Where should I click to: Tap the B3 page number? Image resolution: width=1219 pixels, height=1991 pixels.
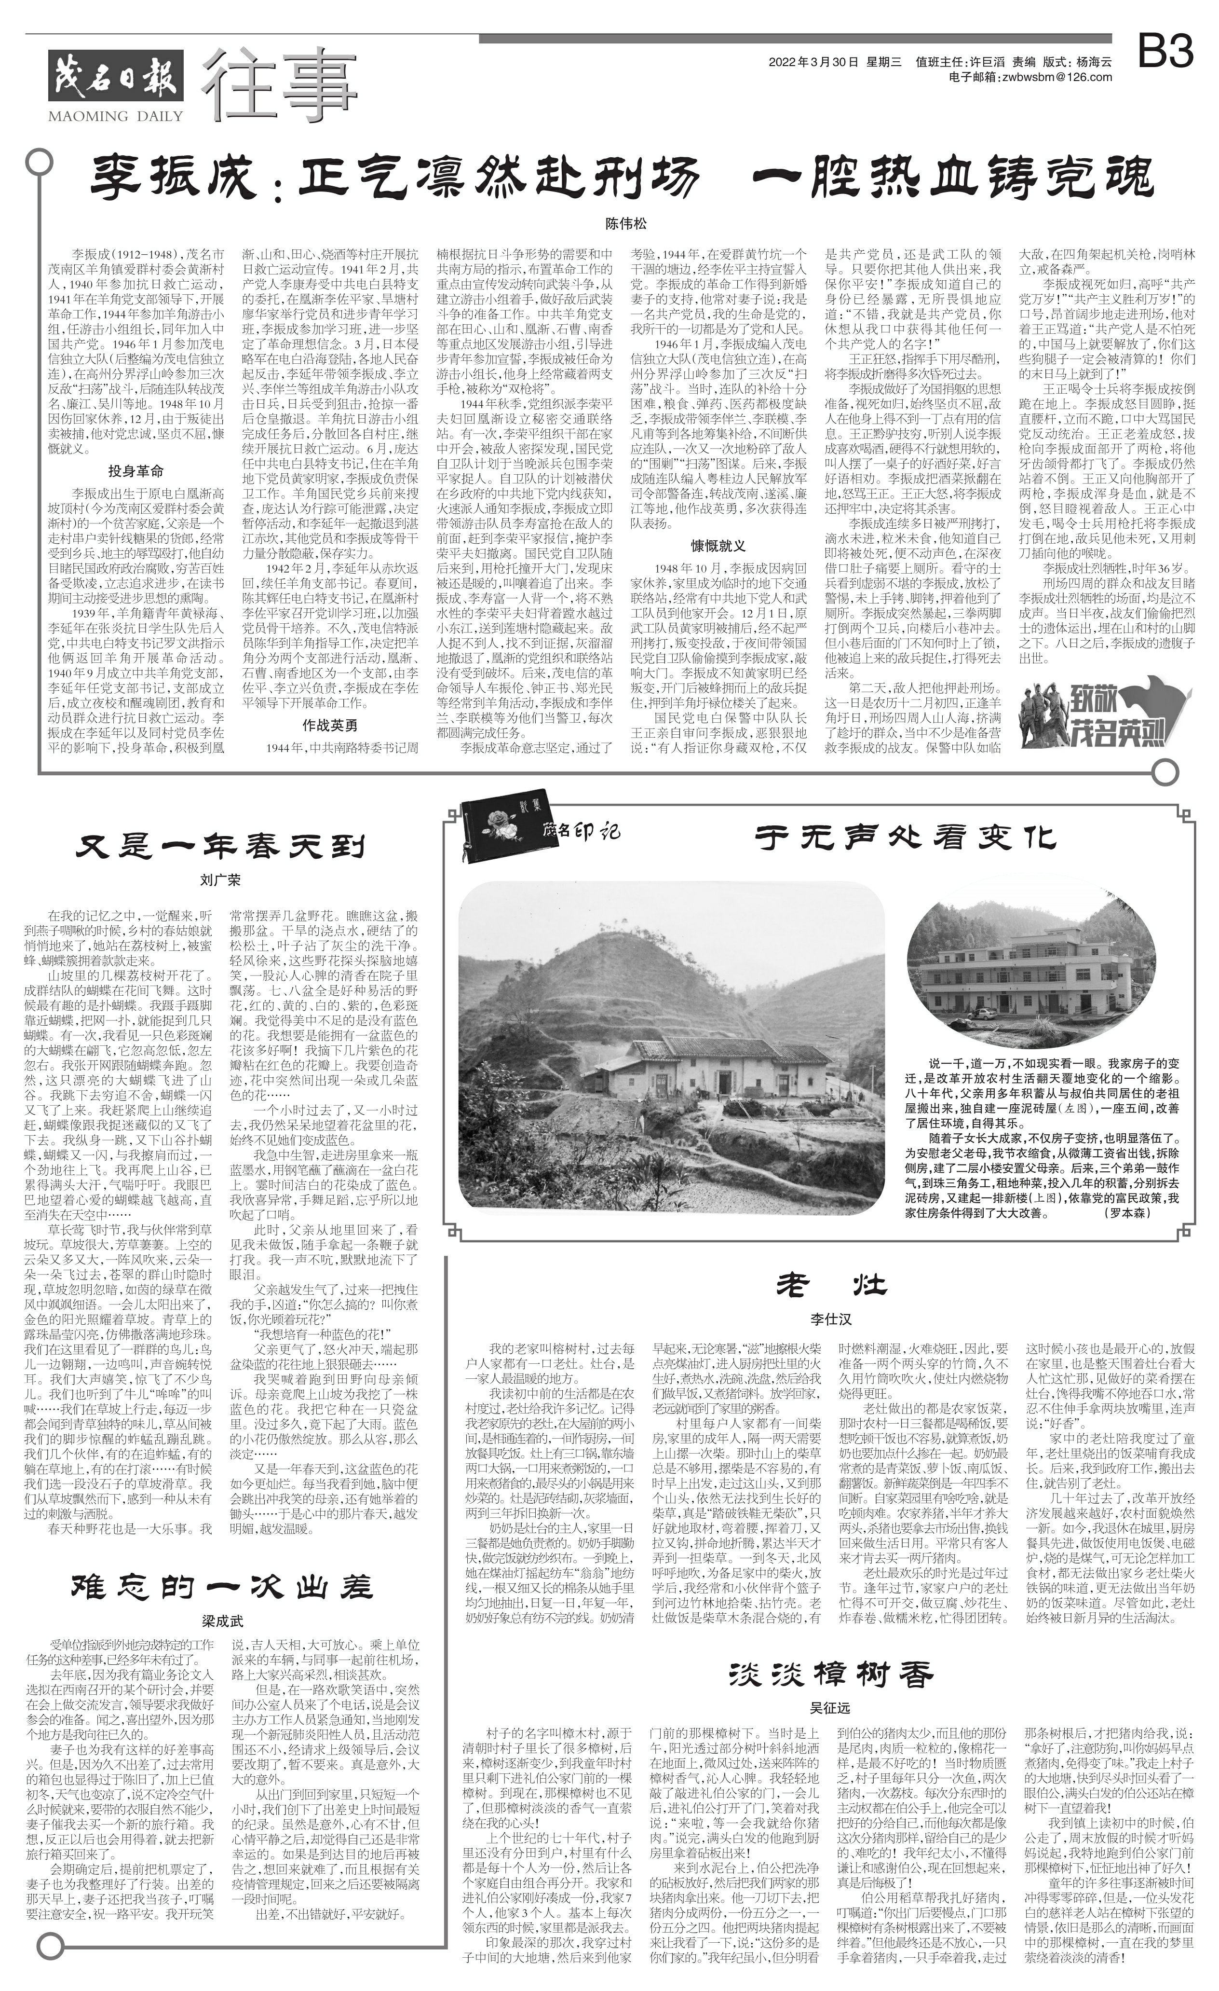click(x=1165, y=54)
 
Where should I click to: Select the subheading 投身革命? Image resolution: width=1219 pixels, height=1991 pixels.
click(x=136, y=471)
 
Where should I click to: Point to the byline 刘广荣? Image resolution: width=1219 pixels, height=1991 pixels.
click(x=220, y=880)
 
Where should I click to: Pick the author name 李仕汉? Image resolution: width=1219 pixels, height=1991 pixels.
click(x=831, y=1318)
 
